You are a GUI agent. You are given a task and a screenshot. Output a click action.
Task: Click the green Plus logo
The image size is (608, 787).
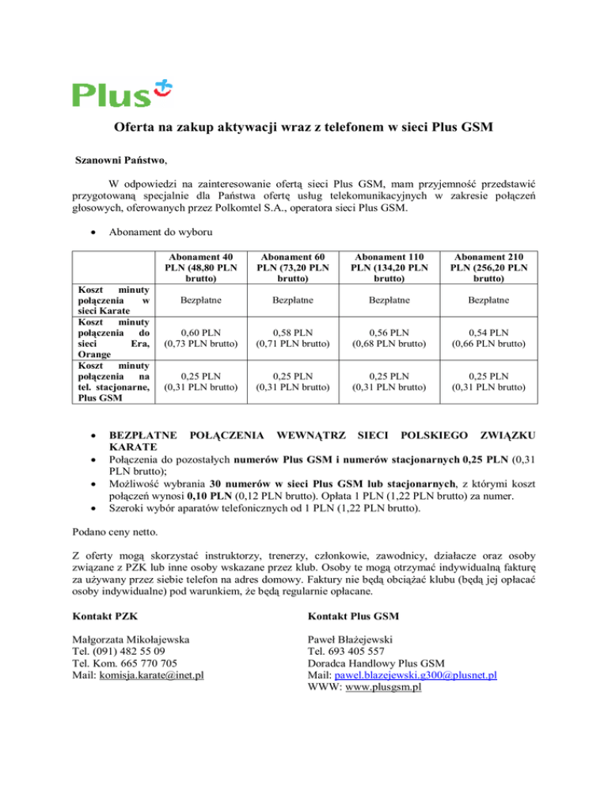coord(122,93)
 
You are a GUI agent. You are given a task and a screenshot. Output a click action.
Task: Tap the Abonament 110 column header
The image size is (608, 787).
coord(386,268)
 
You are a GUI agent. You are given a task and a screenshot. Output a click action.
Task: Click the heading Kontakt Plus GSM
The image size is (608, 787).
coord(353,615)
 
